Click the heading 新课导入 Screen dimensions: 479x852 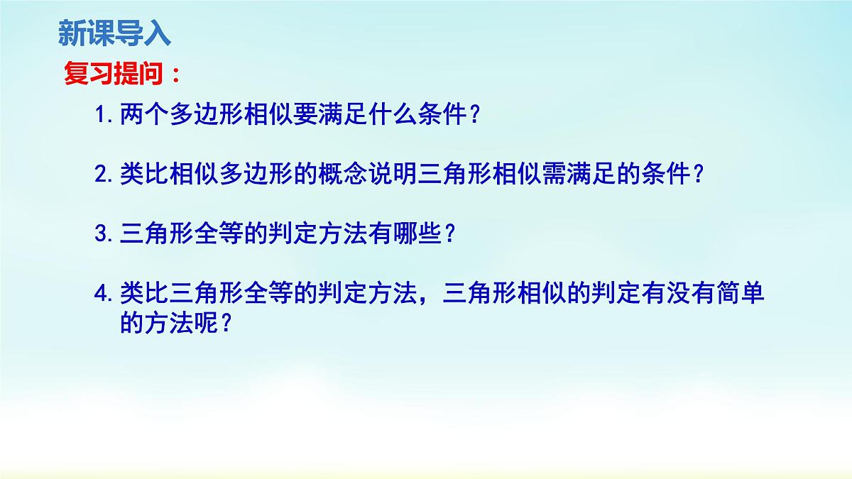tap(114, 33)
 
